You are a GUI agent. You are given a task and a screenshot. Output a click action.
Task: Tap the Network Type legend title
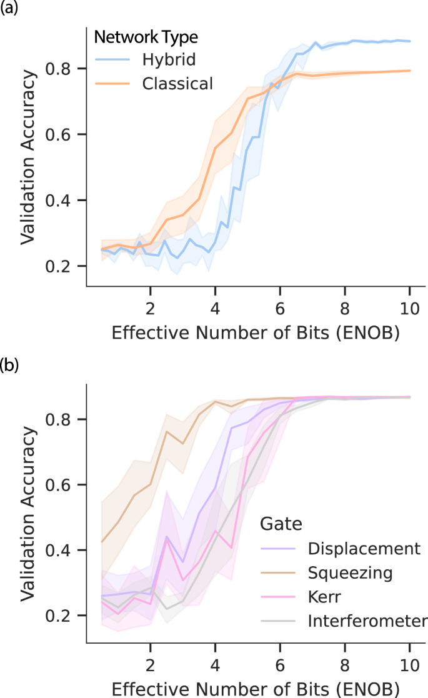[146, 37]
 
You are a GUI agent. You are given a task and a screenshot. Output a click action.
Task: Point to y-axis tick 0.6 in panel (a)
[66, 134]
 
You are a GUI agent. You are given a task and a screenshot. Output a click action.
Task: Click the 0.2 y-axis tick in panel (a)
[66, 267]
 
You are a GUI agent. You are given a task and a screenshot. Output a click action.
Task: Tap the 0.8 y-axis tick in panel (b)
[66, 419]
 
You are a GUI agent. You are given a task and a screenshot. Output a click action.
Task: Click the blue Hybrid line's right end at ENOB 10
[409, 41]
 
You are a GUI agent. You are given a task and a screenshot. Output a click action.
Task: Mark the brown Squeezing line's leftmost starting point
[102, 542]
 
